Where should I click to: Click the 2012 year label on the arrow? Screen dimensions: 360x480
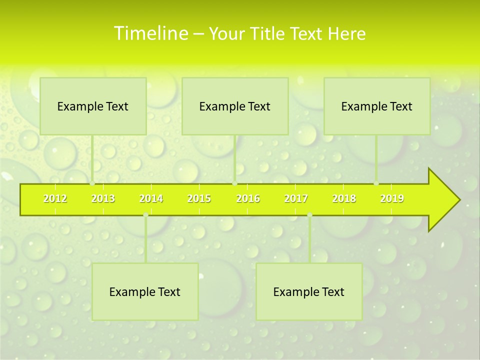55,198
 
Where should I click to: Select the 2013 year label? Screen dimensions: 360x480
103,198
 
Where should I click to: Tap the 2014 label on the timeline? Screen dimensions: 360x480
151,198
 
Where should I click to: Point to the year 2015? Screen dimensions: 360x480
199,198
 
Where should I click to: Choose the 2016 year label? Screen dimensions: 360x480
248,198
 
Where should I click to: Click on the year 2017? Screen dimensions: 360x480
296,198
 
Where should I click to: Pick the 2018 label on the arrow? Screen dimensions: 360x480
344,198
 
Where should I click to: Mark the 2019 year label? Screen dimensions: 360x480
392,198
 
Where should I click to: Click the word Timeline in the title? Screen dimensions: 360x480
150,33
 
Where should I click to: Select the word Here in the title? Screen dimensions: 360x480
346,33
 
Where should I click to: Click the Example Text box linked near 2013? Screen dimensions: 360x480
93,106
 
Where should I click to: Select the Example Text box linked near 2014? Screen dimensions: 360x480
145,291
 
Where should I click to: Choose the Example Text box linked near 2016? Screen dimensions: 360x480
235,106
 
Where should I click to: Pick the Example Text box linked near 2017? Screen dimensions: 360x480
309,291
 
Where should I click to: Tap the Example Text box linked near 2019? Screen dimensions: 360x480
377,106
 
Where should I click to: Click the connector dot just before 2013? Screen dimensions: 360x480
92,183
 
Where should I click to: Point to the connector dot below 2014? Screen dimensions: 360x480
145,215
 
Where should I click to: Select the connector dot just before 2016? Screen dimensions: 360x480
235,183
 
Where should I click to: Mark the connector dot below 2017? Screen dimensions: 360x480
309,215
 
